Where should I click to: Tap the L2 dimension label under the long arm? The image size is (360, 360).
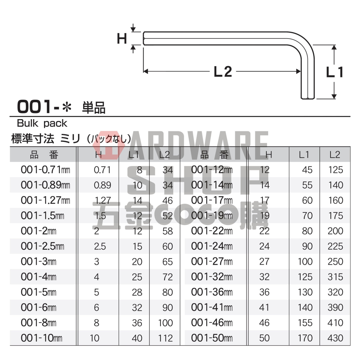[222, 72]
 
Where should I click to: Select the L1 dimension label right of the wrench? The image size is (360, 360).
[334, 72]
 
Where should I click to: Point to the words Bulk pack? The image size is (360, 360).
[42, 123]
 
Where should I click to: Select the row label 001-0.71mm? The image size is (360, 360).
[45, 170]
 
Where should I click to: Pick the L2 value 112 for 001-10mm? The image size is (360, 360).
[165, 338]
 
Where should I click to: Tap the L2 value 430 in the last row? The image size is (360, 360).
[336, 338]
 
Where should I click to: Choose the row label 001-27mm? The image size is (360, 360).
[212, 262]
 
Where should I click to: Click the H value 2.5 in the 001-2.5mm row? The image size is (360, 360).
[96, 247]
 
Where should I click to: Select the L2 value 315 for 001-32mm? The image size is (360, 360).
[336, 277]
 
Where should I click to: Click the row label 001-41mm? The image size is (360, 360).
[212, 308]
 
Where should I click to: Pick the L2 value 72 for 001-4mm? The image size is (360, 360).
[167, 277]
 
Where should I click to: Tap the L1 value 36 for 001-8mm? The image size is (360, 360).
[137, 323]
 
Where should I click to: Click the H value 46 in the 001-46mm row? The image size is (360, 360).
[264, 323]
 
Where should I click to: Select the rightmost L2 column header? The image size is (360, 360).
[335, 155]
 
